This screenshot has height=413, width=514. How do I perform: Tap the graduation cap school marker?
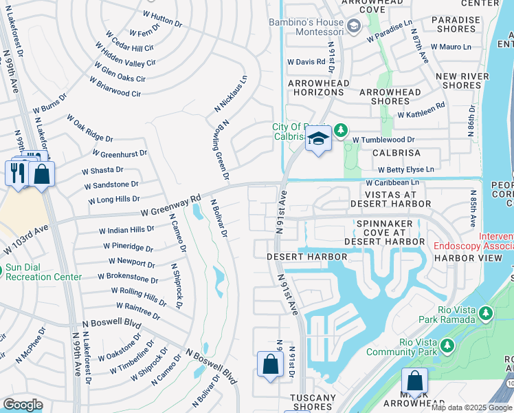tap(318, 139)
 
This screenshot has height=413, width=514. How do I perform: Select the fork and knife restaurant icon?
tap(16, 172)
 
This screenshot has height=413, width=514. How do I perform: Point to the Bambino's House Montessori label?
tap(306, 27)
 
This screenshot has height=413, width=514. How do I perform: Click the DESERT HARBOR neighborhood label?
tap(306, 257)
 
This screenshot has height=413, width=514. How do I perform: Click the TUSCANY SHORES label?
tap(313, 402)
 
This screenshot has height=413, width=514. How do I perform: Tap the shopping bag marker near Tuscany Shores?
tap(270, 364)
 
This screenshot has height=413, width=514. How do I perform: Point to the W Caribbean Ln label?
tap(392, 183)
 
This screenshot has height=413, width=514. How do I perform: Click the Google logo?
tap(23, 405)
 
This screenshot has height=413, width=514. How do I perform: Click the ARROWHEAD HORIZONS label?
tap(318, 88)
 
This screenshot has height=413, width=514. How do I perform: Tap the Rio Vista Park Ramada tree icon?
tap(486, 314)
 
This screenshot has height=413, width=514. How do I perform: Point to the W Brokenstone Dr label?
tap(128, 277)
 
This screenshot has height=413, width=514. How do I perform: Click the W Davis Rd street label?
tap(306, 62)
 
